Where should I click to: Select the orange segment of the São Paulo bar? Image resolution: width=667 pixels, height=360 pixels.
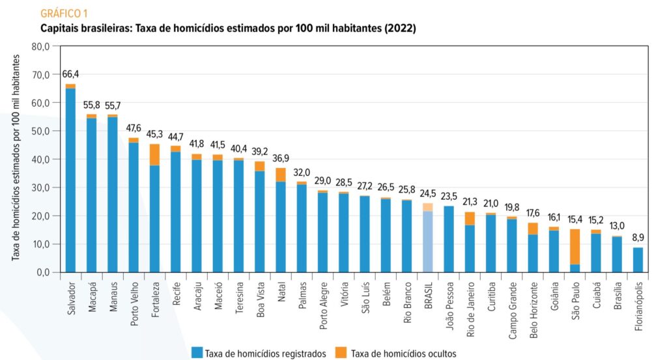[575, 247]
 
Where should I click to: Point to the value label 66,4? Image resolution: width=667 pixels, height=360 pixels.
[70, 74]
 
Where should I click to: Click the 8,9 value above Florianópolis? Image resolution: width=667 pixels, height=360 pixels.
[638, 238]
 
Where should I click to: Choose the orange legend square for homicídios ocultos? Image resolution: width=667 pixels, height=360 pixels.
[340, 353]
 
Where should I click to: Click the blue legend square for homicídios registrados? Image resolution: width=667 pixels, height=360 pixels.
[196, 353]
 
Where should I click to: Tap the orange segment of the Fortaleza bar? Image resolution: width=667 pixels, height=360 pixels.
[154, 155]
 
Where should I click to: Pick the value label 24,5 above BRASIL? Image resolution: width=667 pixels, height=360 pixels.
[428, 193]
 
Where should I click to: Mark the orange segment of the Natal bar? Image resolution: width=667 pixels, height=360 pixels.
[281, 174]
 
